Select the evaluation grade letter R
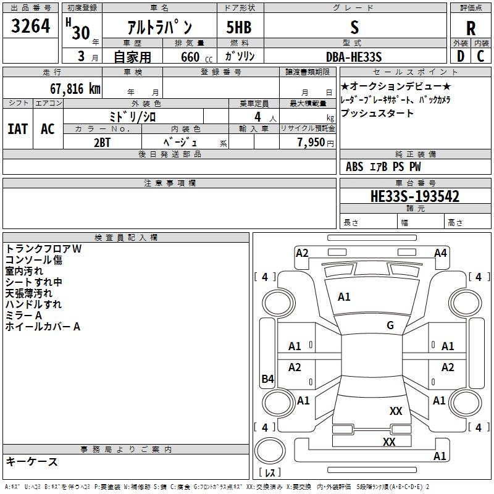click(x=471, y=28)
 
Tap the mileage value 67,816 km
click(x=71, y=88)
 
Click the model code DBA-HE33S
click(x=354, y=57)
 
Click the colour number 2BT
click(x=103, y=141)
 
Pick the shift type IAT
click(x=18, y=129)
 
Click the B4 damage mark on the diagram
click(x=267, y=379)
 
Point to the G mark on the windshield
click(x=390, y=325)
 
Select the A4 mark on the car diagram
click(x=440, y=253)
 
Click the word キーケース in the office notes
click(x=32, y=461)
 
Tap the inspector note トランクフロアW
click(x=43, y=248)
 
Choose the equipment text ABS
click(x=354, y=166)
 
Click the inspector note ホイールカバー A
click(x=43, y=327)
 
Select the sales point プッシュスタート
click(x=377, y=114)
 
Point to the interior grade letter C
click(x=481, y=57)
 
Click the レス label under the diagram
click(x=269, y=472)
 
